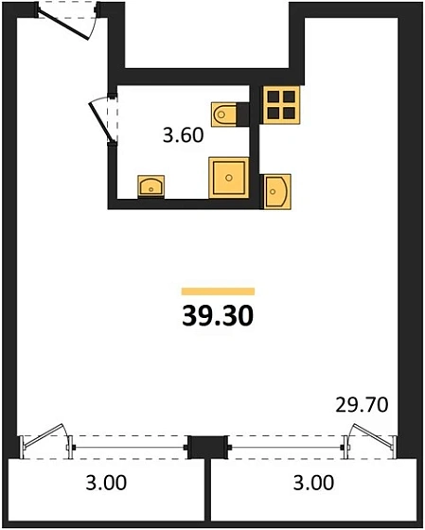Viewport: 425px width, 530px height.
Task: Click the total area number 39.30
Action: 218,316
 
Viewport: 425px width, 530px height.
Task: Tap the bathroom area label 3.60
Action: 183,135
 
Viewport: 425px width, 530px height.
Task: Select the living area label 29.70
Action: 362,405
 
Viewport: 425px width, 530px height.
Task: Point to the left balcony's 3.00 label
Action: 106,483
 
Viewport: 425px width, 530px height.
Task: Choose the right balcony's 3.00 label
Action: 313,483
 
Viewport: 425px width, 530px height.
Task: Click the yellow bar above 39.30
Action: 218,291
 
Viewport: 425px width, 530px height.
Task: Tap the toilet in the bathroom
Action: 223,115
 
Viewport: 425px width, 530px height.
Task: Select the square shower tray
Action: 229,178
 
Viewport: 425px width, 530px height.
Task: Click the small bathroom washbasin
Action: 151,185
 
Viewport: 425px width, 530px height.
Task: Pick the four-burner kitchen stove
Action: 281,105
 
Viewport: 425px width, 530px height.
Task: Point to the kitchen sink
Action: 277,191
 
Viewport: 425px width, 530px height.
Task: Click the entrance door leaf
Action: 64,25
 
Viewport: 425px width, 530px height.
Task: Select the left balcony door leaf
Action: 43,436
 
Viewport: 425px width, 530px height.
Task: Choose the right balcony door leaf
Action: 374,436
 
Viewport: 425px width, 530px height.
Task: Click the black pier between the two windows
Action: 208,447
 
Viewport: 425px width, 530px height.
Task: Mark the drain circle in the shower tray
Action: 229,178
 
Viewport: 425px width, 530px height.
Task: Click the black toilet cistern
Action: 243,115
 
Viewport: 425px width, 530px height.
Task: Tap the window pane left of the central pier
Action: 129,448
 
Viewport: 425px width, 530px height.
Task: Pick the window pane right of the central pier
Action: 287,448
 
